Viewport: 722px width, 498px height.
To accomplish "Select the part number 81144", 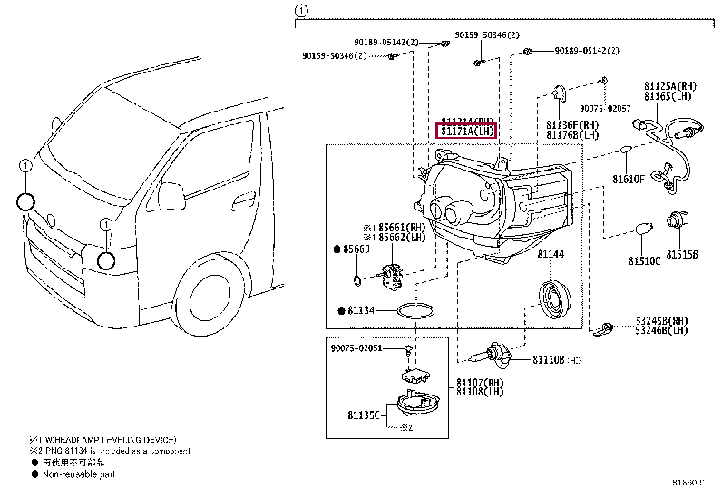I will [550, 257].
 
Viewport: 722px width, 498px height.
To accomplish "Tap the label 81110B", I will [548, 359].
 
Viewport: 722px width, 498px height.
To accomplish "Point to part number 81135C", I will [363, 415].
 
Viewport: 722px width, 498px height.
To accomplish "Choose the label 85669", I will [356, 248].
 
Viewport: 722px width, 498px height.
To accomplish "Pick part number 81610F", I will [628, 179].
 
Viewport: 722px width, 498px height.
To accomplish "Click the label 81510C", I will [645, 261].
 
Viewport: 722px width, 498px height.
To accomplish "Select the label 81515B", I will [682, 255].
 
